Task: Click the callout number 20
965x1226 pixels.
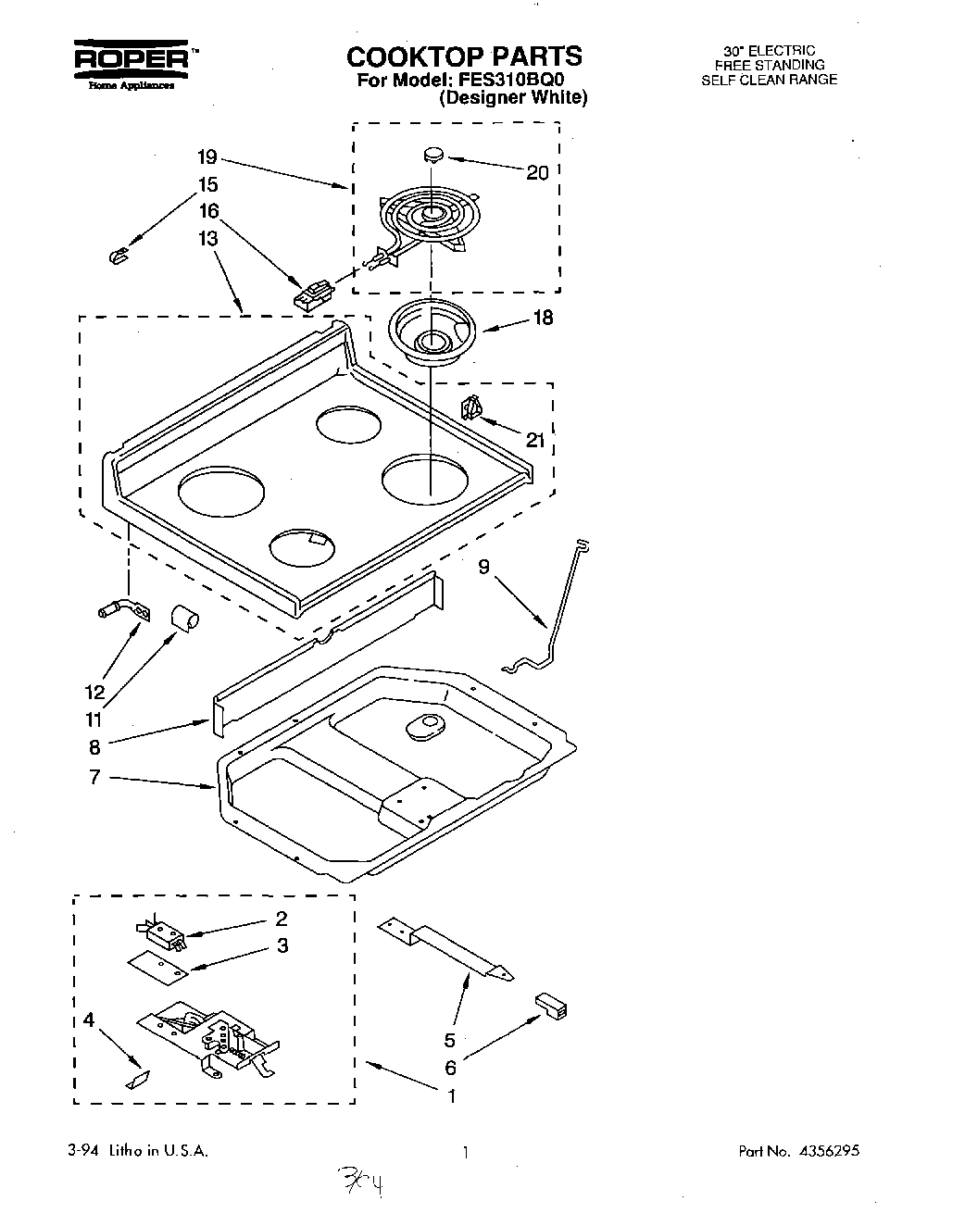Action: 537,172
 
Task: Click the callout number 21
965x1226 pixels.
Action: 535,440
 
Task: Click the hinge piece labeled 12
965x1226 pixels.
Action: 119,611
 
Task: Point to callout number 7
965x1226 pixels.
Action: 94,777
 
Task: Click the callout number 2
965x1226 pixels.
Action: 282,919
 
